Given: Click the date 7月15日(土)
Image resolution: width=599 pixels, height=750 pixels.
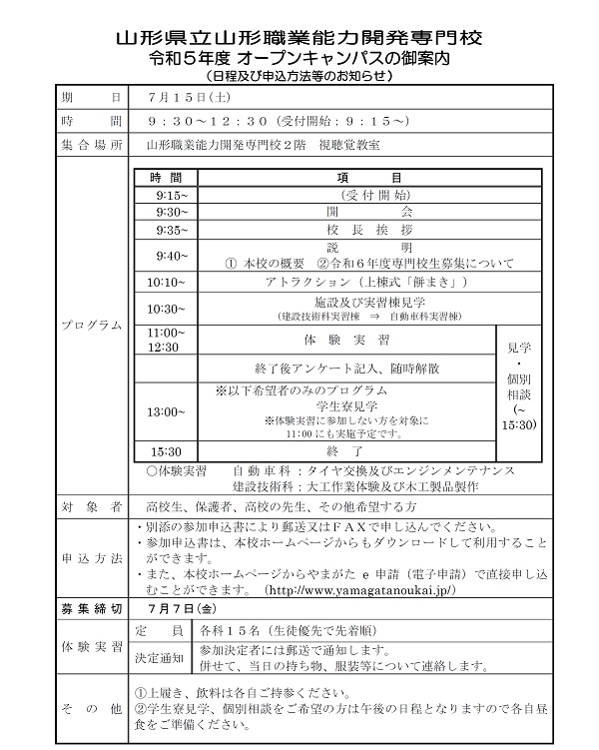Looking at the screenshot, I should pos(190,97).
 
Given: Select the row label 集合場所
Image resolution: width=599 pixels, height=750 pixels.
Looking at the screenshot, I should pos(92,145).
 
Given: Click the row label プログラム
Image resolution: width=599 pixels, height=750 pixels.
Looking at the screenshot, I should pos(92,326).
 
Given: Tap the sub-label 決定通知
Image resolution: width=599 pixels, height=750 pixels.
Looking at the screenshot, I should pos(157,654).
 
